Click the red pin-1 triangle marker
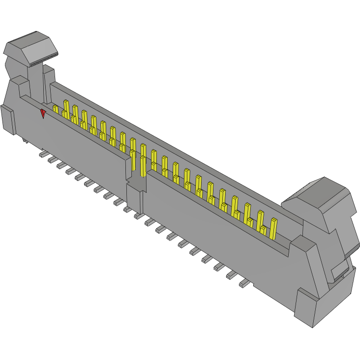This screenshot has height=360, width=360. [x=43, y=114]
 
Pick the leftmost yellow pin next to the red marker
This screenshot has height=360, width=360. [x=56, y=109]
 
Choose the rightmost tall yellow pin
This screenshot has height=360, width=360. [x=273, y=229]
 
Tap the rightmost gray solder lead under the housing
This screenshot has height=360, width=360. [x=243, y=284]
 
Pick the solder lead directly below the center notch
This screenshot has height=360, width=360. [x=138, y=215]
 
